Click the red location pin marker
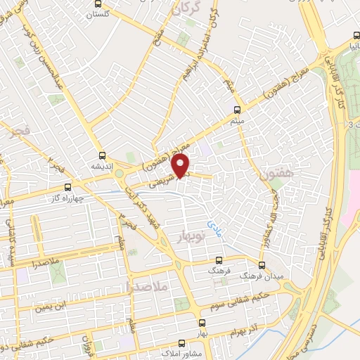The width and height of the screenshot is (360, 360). click(x=181, y=165)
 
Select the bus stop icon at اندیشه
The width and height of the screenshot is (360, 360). click(x=103, y=156)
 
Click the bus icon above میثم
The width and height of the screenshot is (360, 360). click(x=236, y=110)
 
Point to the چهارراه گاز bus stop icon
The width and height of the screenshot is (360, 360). click(x=67, y=187)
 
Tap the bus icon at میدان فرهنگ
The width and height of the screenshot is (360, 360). click(x=262, y=265)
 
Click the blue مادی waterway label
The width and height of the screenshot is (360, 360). click(x=212, y=224)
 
